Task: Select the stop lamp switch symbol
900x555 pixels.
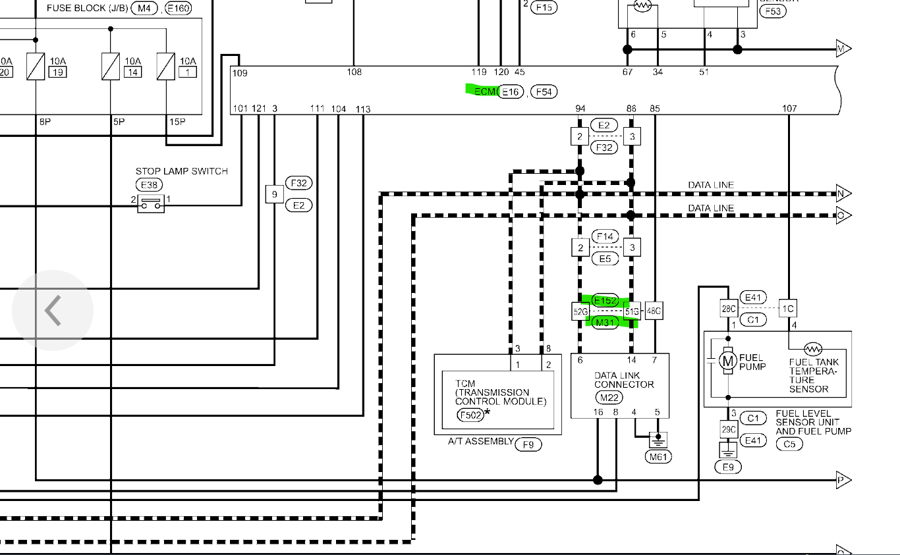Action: pos(150,204)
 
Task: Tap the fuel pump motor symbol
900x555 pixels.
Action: pos(727,360)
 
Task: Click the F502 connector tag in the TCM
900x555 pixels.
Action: pos(470,415)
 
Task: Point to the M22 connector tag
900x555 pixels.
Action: pos(609,398)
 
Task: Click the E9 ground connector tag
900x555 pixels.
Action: pos(728,467)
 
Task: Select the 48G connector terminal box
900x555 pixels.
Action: pos(654,311)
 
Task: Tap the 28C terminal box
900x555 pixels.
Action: pos(728,309)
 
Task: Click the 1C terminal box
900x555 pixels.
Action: pos(788,309)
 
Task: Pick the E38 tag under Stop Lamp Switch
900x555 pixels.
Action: pos(148,185)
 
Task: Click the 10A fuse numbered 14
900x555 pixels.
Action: pos(111,66)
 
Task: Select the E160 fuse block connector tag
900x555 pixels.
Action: pos(178,9)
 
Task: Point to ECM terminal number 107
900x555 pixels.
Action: pos(789,109)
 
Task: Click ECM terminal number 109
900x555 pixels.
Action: pos(240,72)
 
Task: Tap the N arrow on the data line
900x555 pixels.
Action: pos(843,194)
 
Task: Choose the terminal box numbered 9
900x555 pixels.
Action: pos(274,194)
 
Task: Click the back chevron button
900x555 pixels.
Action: pos(53,310)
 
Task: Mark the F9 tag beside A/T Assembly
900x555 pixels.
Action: pos(528,444)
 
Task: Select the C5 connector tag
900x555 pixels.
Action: pos(788,444)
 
